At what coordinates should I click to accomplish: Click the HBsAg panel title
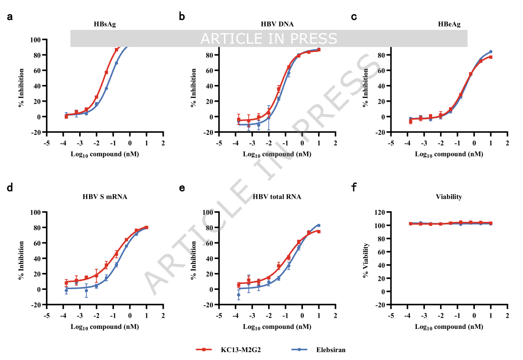click(x=104, y=24)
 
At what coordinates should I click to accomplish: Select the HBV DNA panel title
click(x=277, y=24)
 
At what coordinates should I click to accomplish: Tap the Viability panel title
click(x=449, y=197)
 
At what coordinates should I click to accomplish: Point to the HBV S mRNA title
click(x=104, y=197)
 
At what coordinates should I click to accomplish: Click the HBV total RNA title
click(x=277, y=197)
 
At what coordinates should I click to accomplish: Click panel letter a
click(x=10, y=17)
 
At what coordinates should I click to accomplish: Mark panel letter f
click(x=354, y=187)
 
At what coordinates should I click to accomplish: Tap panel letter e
click(x=182, y=187)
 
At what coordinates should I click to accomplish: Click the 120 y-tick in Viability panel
click(x=378, y=212)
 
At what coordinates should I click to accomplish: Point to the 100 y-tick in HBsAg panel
click(x=35, y=40)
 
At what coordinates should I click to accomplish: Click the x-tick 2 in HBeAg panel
click(x=507, y=143)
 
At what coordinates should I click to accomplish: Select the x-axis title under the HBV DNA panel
click(x=277, y=154)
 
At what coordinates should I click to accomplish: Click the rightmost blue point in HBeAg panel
click(x=491, y=52)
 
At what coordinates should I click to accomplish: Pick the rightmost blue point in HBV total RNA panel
click(x=319, y=225)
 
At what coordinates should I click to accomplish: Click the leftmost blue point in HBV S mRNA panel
click(x=66, y=291)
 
